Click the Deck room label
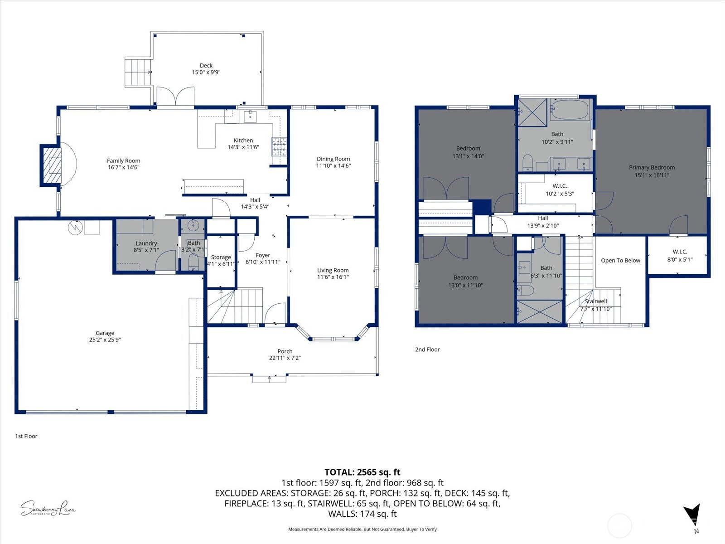click(x=206, y=65)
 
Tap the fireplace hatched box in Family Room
click(x=54, y=165)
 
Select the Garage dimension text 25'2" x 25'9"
click(x=105, y=340)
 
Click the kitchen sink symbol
click(x=250, y=116)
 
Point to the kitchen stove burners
click(x=279, y=146)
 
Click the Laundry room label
click(x=146, y=243)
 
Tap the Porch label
click(x=285, y=351)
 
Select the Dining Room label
click(x=333, y=159)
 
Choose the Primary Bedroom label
click(x=652, y=167)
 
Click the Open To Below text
click(x=620, y=260)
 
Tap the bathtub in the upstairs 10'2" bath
click(x=569, y=110)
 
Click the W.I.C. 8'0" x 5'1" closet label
click(x=680, y=252)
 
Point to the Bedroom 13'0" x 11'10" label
click(x=465, y=277)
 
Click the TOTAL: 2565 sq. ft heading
click(x=362, y=472)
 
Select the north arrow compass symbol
click(x=692, y=515)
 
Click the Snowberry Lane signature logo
click(x=48, y=508)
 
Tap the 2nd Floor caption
click(x=427, y=350)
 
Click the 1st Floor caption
click(x=26, y=436)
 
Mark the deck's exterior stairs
click(x=138, y=72)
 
